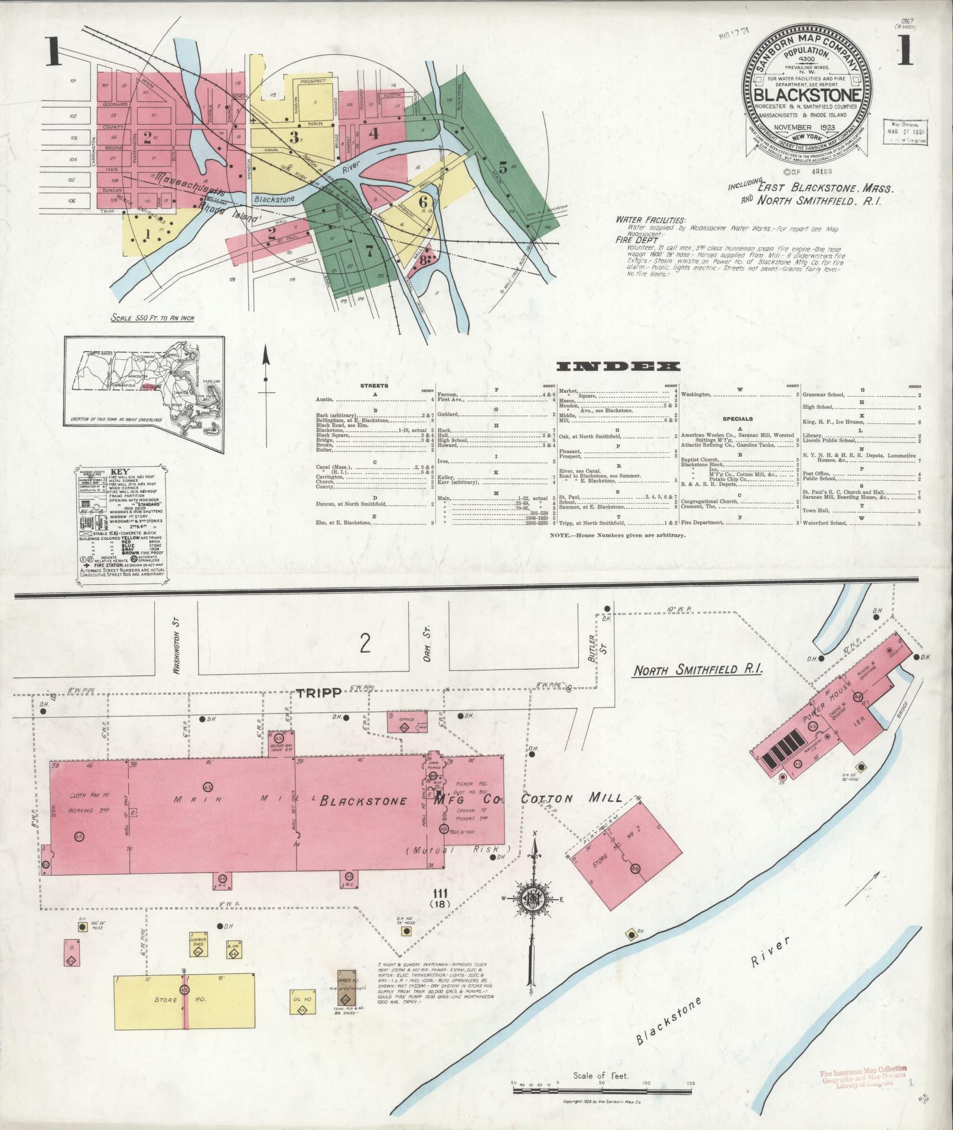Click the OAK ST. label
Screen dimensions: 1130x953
[x=427, y=647]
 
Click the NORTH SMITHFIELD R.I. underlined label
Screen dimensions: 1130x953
[x=698, y=670]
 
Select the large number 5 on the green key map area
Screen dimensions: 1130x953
[x=503, y=165]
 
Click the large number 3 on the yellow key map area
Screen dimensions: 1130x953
[x=293, y=138]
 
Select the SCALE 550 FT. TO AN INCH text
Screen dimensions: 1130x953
[x=152, y=318]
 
